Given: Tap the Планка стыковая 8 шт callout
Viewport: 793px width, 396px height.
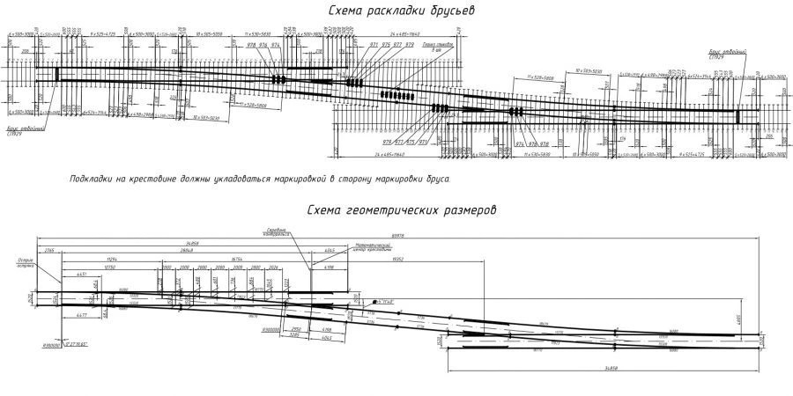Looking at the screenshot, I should (x=438, y=46).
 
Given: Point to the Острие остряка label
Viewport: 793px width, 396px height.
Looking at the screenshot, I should (x=25, y=263).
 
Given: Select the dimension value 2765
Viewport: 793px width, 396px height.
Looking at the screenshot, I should (x=48, y=252).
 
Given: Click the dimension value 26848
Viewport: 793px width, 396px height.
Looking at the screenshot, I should (x=186, y=252).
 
